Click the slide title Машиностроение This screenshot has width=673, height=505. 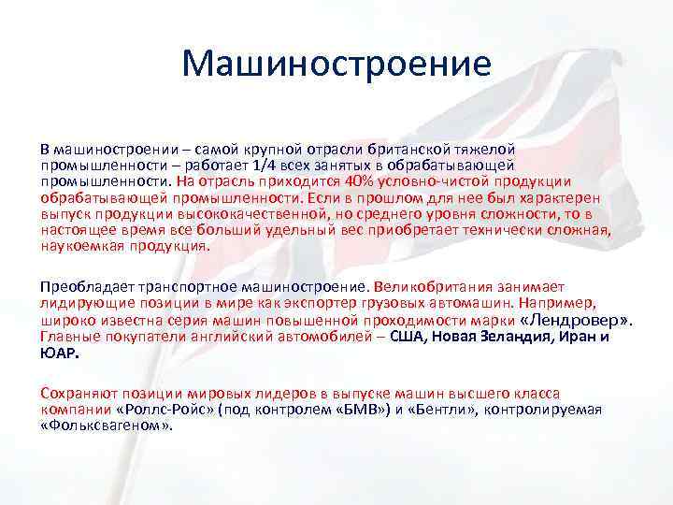pyautogui.click(x=336, y=65)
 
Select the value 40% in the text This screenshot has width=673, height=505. pyautogui.click(x=383, y=180)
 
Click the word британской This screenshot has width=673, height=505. pyautogui.click(x=415, y=149)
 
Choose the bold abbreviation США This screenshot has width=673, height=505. pyautogui.click(x=407, y=337)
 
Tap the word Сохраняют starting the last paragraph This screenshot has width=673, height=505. pyautogui.click(x=78, y=394)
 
